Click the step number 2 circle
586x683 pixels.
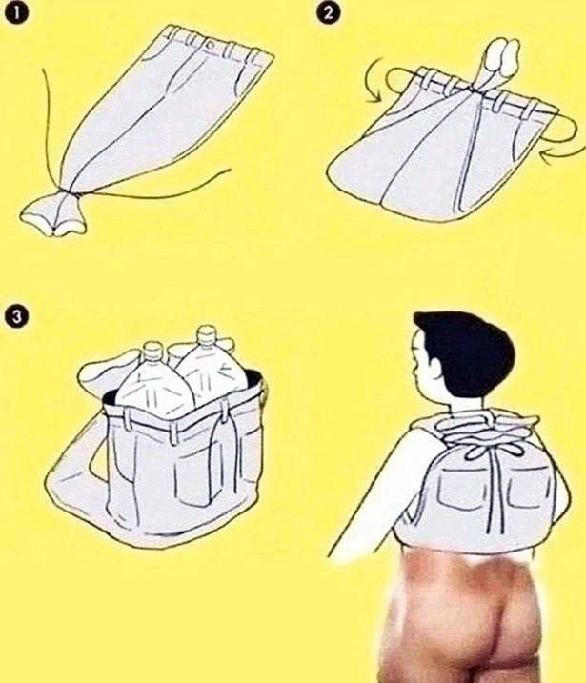point(330,13)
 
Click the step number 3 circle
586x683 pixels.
point(16,316)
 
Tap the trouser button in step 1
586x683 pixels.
point(211,45)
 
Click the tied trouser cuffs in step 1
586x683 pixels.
point(53,213)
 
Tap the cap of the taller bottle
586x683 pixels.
point(205,334)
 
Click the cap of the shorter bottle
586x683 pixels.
point(152,350)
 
